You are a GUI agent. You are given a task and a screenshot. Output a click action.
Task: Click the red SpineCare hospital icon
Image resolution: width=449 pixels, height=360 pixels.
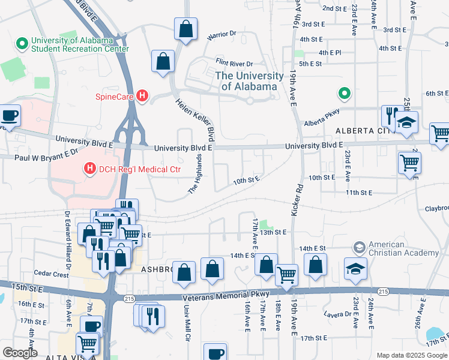pyautogui.click(x=142, y=95)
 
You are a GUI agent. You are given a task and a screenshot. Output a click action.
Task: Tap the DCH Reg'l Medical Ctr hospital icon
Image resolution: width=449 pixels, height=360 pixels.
pyautogui.click(x=90, y=169)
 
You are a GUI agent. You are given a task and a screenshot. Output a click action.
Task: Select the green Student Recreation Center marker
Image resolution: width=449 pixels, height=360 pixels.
pyautogui.click(x=22, y=43)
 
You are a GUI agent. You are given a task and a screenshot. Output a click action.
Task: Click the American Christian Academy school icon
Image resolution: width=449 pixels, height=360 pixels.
pyautogui.click(x=359, y=248)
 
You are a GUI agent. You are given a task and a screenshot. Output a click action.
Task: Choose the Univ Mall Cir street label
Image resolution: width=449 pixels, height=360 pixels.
pyautogui.click(x=186, y=326)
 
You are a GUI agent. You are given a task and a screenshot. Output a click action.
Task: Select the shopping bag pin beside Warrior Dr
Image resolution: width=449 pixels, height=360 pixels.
pyautogui.click(x=186, y=28)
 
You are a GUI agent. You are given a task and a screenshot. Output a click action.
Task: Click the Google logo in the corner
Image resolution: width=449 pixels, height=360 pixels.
pyautogui.click(x=20, y=353)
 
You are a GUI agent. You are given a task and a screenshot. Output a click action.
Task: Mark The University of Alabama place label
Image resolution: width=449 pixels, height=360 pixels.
pyautogui.click(x=249, y=81)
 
